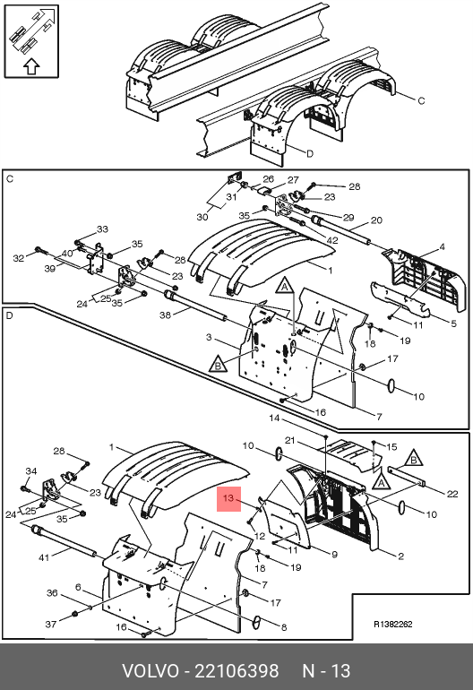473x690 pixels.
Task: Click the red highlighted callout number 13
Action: (x=228, y=498)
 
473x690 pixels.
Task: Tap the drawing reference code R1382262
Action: (x=393, y=624)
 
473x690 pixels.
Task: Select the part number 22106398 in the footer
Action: (x=236, y=671)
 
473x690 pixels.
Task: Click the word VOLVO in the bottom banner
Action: (x=150, y=671)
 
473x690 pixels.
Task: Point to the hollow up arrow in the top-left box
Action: (x=31, y=66)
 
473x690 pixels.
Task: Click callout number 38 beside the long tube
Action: (x=165, y=315)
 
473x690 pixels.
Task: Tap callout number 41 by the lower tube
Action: (x=44, y=557)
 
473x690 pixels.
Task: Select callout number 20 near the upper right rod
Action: (x=376, y=220)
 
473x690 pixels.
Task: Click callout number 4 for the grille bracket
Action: (x=443, y=246)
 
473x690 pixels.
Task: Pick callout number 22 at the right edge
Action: (x=452, y=494)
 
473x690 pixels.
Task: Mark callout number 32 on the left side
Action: (x=19, y=258)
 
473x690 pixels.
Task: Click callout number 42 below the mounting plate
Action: (x=332, y=240)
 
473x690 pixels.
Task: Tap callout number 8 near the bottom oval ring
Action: (x=284, y=627)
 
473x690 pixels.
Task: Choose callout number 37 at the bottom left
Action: (x=51, y=624)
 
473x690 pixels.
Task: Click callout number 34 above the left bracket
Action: (x=30, y=471)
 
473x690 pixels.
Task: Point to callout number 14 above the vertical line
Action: (x=274, y=418)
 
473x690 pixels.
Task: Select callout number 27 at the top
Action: (x=293, y=180)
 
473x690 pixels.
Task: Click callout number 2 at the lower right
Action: (x=400, y=556)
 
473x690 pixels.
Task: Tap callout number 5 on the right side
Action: (x=453, y=323)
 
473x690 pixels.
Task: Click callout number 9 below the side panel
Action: (x=334, y=555)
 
